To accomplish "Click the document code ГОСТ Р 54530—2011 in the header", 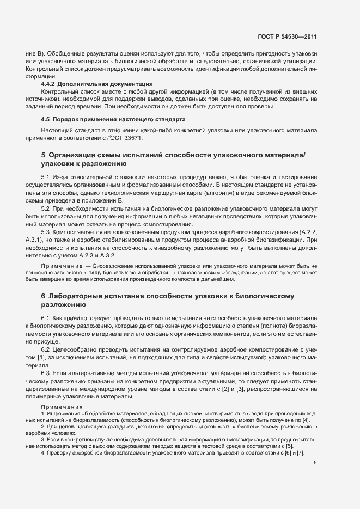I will coord(287,38).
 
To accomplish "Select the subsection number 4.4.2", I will coord(48,84).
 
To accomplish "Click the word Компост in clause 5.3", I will coord(66,231).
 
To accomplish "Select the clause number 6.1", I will coord(46,317).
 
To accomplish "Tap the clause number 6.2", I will coord(46,348).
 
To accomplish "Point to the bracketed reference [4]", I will coord(306,421).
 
